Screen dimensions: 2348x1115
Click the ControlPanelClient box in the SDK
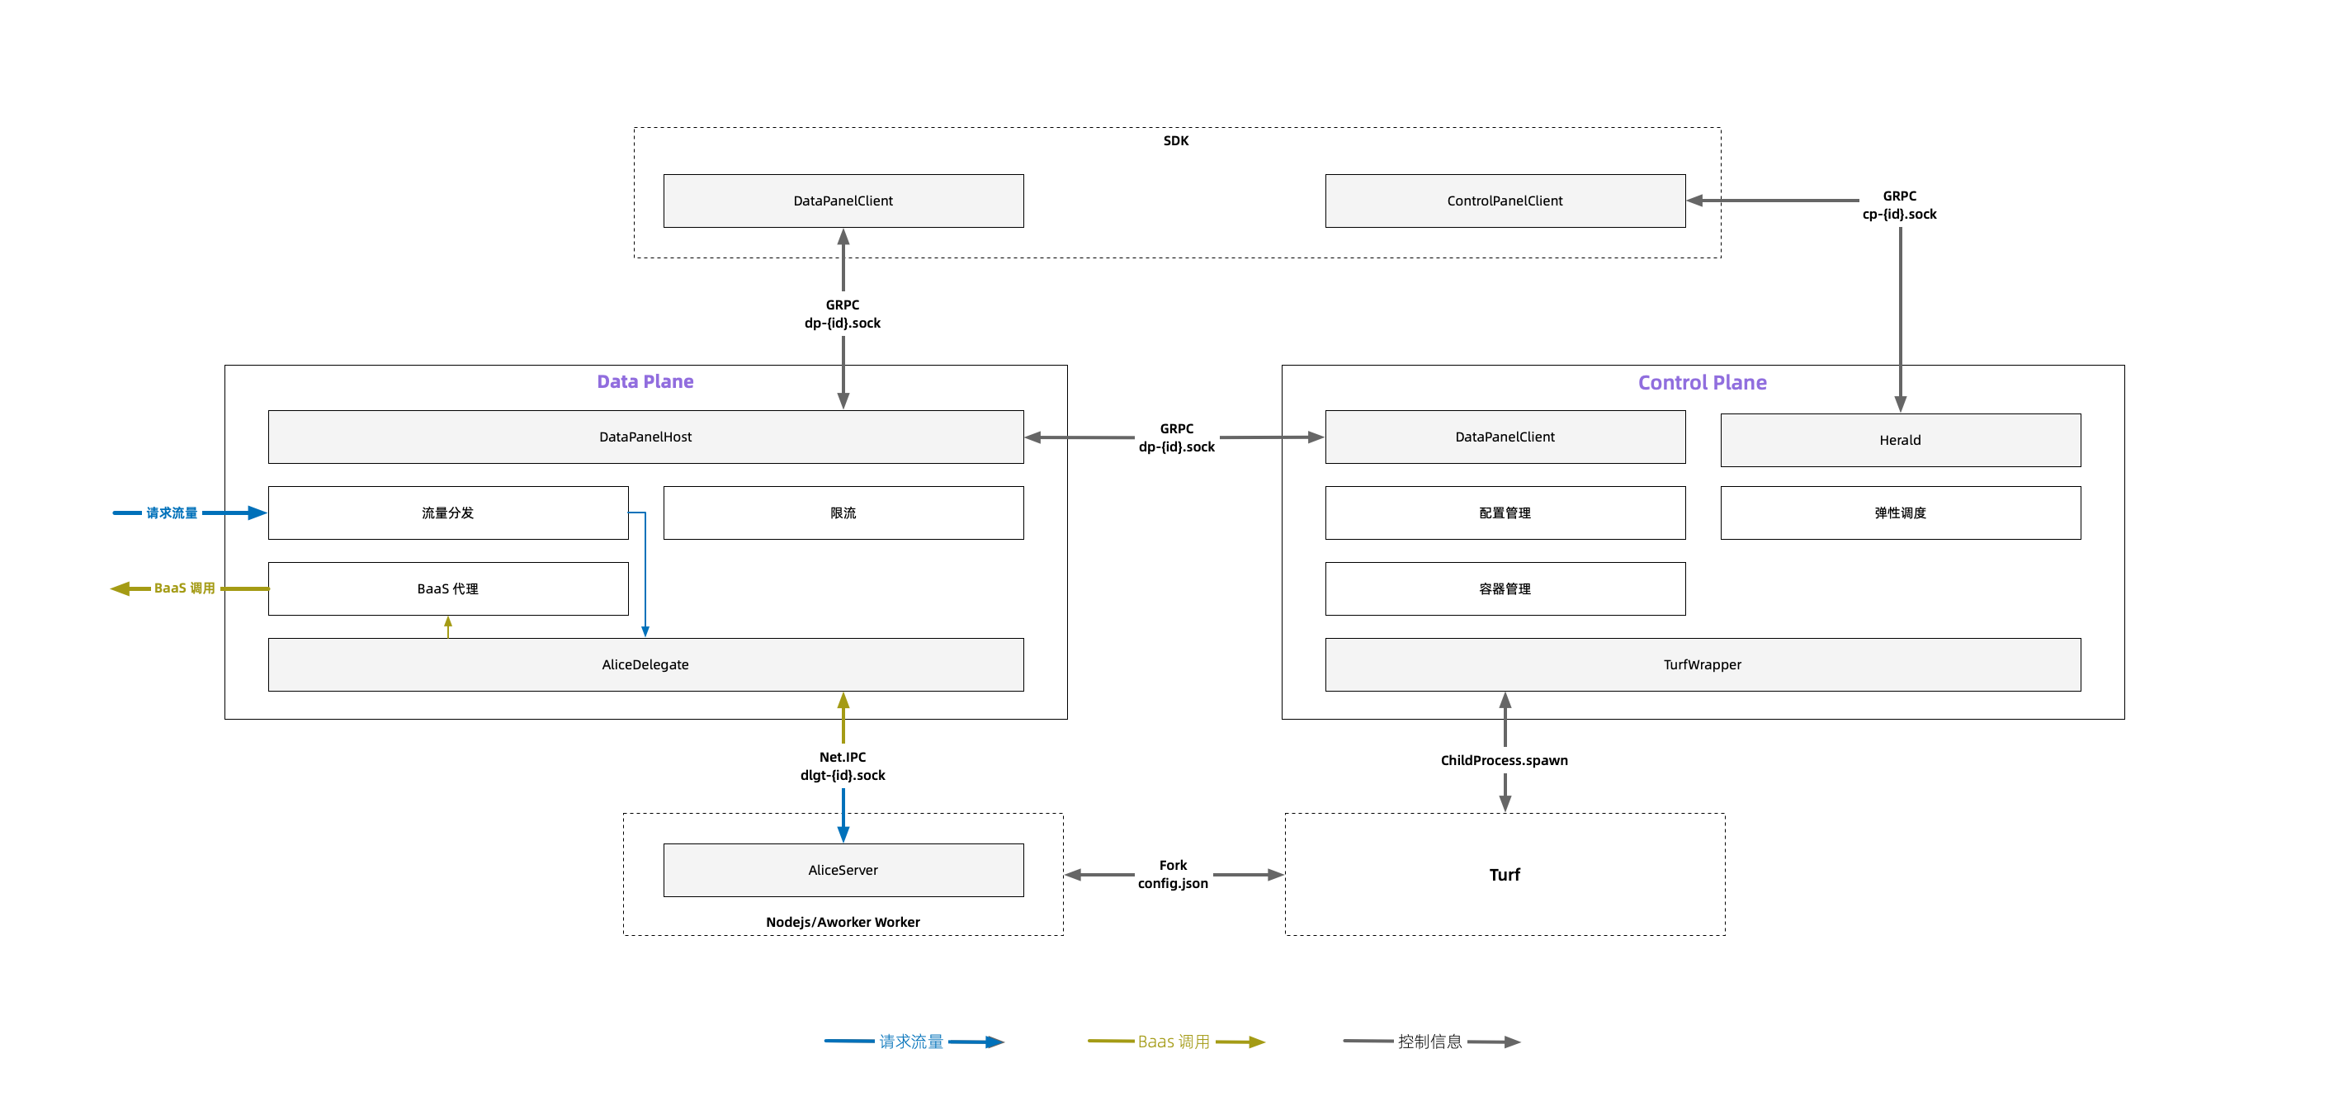1505,201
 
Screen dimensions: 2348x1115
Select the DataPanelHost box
645,437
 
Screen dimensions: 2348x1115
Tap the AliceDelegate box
645,664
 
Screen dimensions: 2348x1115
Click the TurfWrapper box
1703,664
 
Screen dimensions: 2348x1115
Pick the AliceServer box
843,870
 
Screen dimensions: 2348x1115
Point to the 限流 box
843,513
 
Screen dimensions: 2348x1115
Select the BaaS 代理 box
447,589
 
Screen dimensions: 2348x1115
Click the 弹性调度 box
1901,513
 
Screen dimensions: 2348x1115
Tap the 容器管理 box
1505,589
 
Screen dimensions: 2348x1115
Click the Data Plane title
645,382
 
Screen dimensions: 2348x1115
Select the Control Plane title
1703,383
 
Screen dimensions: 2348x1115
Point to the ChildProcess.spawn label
1504,760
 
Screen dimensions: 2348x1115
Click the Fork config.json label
1173,874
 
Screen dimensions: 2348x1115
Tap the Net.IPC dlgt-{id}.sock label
843,766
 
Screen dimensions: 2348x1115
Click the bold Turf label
1505,875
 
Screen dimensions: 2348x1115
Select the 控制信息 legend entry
1431,1042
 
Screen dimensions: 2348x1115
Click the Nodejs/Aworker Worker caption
843,922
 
